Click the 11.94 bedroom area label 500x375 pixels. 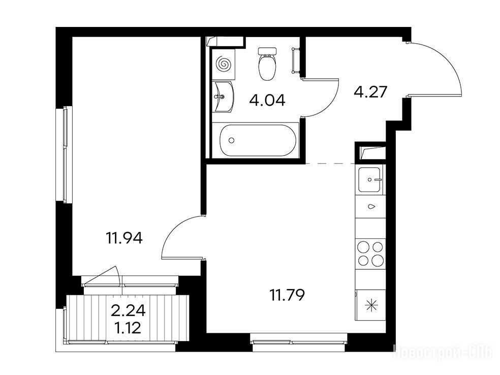(124, 238)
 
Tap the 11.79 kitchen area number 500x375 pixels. (287, 295)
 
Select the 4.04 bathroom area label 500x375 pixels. (267, 101)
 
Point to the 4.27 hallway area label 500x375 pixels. (370, 92)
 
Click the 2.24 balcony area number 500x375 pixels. (128, 310)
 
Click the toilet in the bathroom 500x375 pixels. (267, 64)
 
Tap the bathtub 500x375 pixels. (258, 140)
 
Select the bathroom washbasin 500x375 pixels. (223, 97)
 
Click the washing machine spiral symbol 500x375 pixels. (223, 64)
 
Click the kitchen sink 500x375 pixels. (369, 180)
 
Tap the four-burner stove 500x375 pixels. (370, 254)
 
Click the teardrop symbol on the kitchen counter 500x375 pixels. (371, 206)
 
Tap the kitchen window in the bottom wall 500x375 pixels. (298, 342)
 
